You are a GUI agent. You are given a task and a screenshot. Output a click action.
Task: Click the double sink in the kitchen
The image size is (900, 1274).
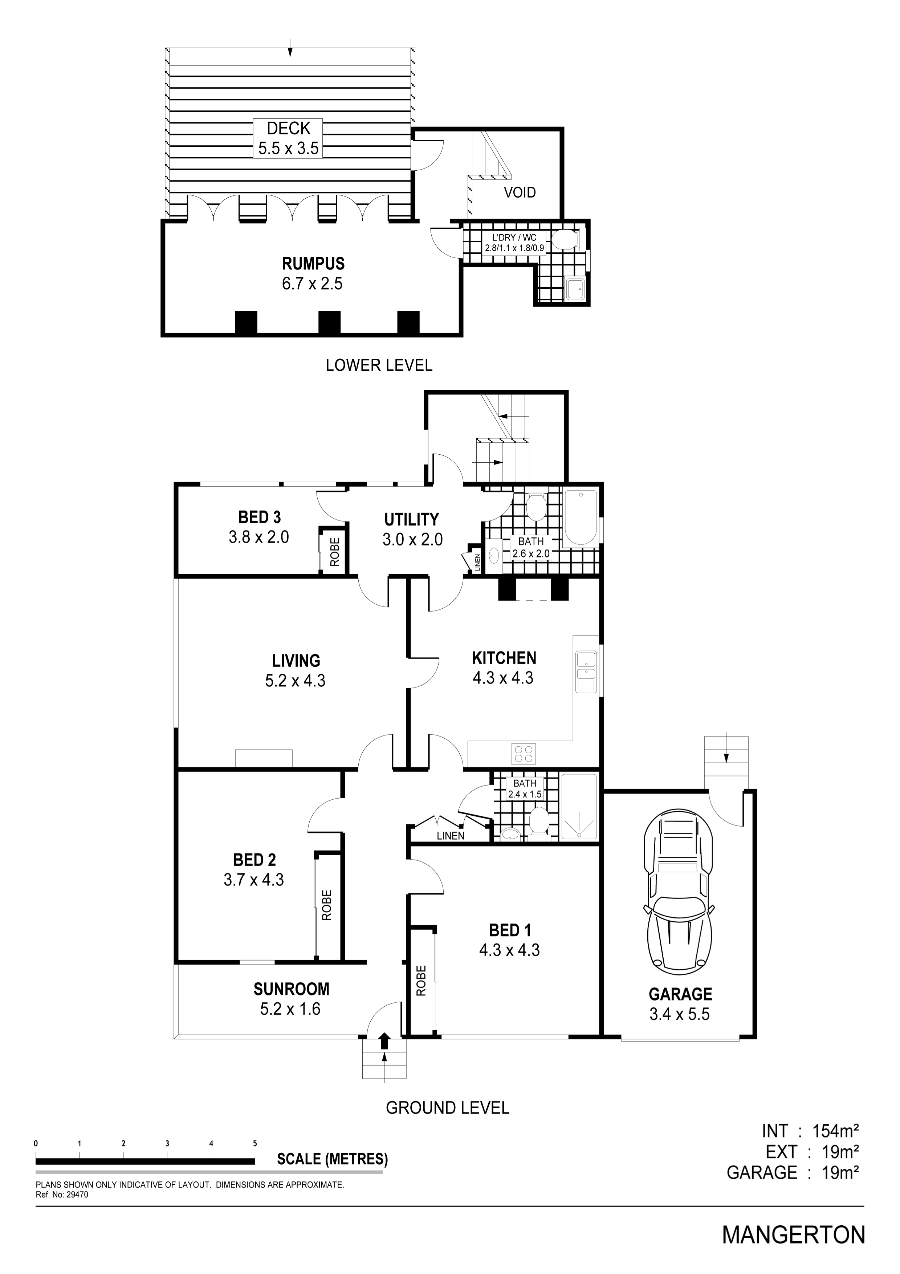[x=586, y=673]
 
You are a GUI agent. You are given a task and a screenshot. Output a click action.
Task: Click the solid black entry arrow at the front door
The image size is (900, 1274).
[x=384, y=1040]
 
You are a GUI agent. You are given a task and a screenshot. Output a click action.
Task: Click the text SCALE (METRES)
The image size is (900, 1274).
[x=332, y=1159]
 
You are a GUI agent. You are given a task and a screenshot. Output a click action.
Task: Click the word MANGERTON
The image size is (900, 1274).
[x=794, y=1235]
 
